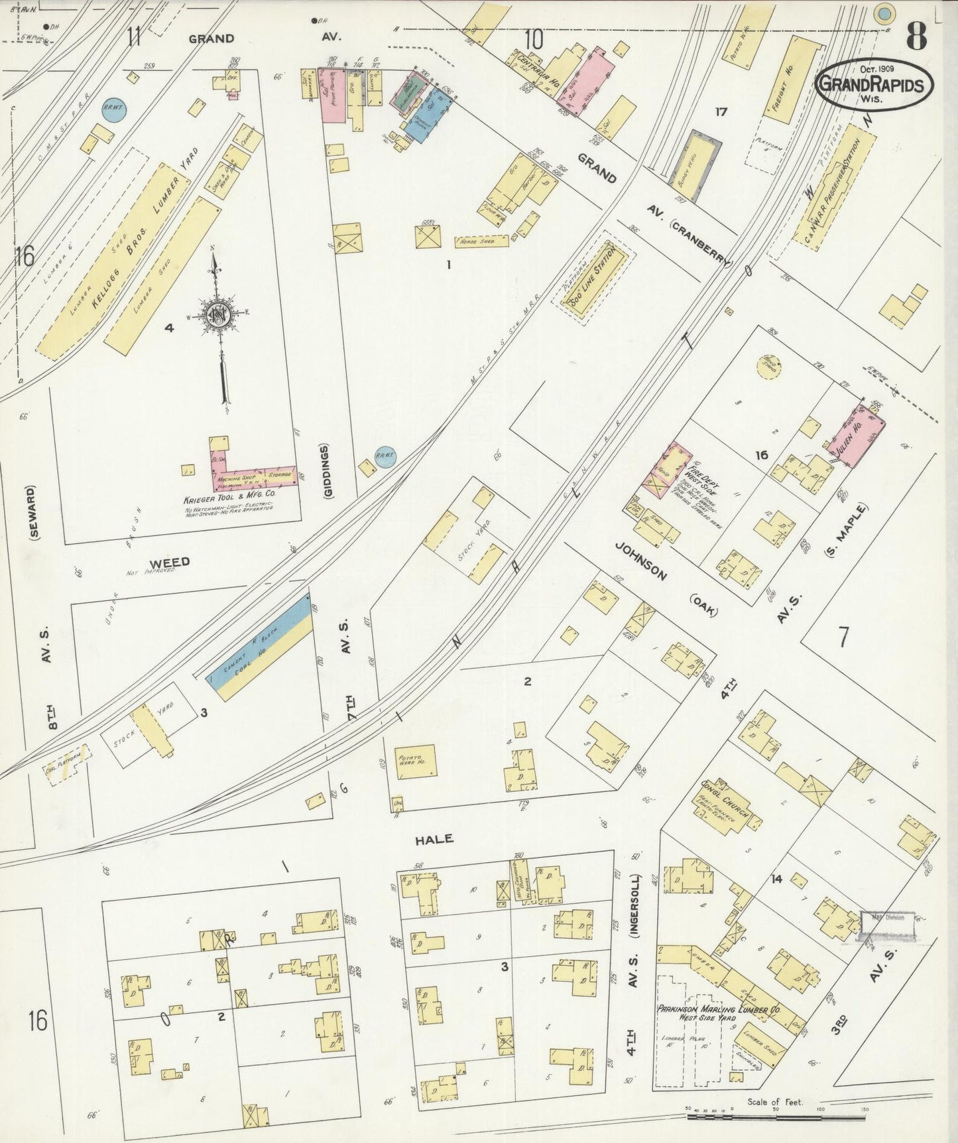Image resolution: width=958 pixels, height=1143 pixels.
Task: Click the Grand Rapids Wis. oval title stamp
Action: click(873, 86)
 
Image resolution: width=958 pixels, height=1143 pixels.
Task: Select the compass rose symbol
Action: click(216, 316)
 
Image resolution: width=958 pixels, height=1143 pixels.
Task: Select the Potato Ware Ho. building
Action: click(416, 760)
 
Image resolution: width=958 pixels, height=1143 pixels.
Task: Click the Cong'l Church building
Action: click(725, 803)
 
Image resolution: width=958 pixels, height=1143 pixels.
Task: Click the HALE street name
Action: click(434, 839)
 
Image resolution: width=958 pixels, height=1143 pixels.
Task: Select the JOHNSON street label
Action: click(640, 561)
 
